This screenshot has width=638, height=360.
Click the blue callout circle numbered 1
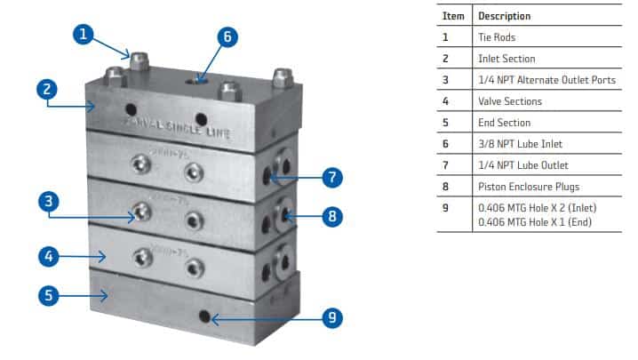coord(83,35)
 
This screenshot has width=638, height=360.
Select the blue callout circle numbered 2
coord(48,90)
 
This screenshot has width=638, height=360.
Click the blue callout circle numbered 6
coord(227,37)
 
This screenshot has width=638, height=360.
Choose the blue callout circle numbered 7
coord(330,177)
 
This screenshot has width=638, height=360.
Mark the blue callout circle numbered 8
coord(330,214)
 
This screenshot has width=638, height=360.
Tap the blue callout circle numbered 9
coord(330,317)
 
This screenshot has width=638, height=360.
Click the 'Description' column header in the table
coord(504,16)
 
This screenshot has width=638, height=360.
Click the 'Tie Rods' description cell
coord(497,37)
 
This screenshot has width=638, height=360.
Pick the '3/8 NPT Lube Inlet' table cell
coord(520,144)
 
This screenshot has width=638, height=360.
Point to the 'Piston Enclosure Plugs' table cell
coord(530,187)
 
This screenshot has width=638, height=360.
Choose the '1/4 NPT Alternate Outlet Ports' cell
coord(546,80)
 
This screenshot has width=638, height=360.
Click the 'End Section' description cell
coord(504,123)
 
